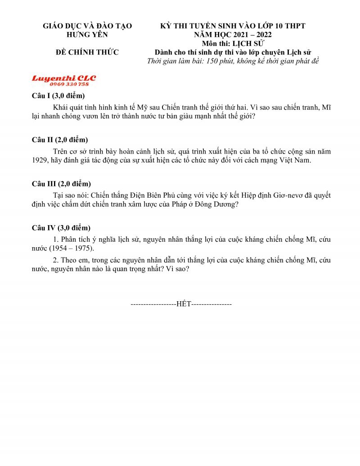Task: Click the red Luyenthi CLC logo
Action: (x=63, y=78)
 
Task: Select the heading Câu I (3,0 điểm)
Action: (x=58, y=96)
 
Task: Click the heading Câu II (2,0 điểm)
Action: (x=60, y=140)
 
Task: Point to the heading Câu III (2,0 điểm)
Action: (x=61, y=184)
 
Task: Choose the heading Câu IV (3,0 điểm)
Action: (x=61, y=228)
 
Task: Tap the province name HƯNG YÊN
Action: (x=87, y=35)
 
